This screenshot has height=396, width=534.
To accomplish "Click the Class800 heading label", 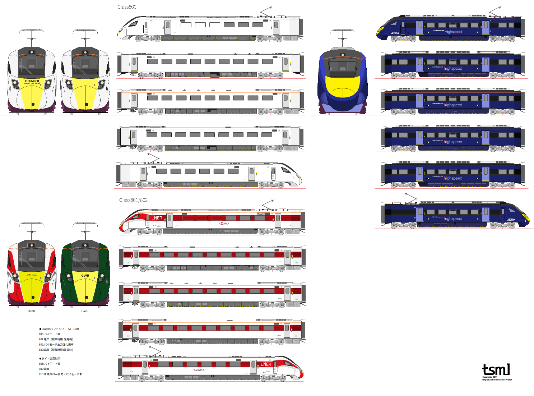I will pos(127,7).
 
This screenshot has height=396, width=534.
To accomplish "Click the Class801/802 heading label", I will pos(133,200).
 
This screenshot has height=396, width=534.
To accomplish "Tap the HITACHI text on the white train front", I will pos(32,81).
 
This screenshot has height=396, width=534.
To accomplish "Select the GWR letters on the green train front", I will pos(85,276).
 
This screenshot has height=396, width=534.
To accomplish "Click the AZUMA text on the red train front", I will pos(32,275).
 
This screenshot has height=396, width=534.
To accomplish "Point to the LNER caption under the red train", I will pos(31,311).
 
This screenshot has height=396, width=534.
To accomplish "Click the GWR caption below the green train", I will pos(85,311).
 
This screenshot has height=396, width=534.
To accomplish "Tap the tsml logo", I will pos(496,370).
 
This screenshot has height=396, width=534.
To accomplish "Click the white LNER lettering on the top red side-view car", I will pos(157,218).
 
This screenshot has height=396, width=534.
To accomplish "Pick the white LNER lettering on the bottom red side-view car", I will pos(266,364).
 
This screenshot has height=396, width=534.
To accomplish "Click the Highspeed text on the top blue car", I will pos(453,32).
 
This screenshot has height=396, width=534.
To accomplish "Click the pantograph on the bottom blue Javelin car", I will pos(411,198).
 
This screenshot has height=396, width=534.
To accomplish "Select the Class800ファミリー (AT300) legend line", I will pos(59,329).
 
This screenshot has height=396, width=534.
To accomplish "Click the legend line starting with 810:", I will pos(60,374).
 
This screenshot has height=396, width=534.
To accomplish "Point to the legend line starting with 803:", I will pos(56,350).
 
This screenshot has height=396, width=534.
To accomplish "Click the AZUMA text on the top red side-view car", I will pos(224,224).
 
